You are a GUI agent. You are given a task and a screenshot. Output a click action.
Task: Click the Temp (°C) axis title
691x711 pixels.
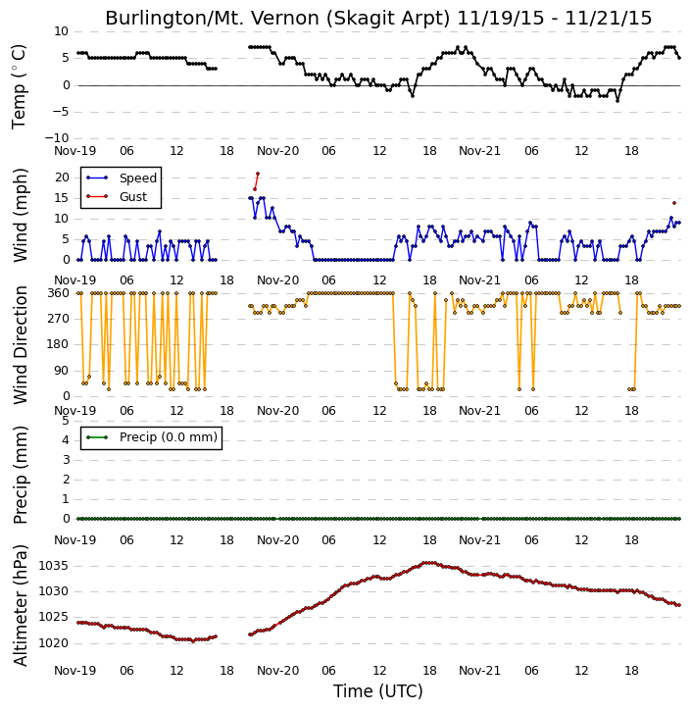coord(19,86)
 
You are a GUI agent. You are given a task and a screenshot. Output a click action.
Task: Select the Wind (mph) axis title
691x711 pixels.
coord(20,215)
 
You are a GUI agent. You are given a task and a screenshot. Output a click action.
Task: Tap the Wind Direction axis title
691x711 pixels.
coord(20,345)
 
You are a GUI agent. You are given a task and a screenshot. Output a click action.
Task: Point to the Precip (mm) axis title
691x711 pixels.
coord(20,475)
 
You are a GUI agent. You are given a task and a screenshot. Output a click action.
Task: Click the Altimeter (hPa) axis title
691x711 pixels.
coord(20,605)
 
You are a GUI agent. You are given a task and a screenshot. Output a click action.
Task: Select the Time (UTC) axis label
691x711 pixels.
coord(378,691)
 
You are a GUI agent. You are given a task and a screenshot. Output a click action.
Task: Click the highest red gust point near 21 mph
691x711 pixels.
coord(258,174)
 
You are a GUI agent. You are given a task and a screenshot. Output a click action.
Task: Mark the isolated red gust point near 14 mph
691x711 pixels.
coord(674,203)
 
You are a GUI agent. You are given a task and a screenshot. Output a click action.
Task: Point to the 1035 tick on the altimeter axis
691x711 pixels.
coord(54,566)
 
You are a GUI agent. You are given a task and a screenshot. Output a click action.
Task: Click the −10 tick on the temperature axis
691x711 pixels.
coord(56,138)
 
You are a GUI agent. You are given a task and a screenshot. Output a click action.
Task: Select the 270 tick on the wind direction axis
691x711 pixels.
coord(59,319)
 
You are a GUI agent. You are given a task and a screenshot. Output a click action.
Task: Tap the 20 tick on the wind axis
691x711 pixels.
coord(62,178)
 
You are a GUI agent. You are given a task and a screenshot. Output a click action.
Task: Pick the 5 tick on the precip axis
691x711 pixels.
coord(66,421)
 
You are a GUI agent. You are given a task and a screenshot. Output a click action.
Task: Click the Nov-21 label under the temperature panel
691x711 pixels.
coord(479,151)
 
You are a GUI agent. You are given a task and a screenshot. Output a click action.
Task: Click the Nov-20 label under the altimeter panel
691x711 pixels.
coord(277,671)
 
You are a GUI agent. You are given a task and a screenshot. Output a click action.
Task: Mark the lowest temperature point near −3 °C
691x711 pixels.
coord(617,101)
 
